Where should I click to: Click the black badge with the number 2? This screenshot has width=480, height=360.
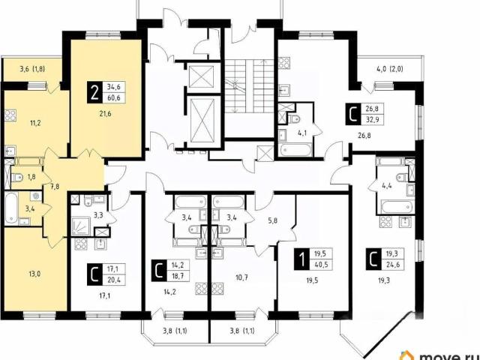95,92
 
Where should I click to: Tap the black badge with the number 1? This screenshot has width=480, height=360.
301,259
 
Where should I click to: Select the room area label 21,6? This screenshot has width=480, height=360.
105,114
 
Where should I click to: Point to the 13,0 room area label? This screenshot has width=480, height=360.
34,273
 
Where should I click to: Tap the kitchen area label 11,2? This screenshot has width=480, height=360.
35,123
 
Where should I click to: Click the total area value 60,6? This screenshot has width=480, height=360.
113,98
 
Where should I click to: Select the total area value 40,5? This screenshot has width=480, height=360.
321,265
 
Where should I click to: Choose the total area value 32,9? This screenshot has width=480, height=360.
372,119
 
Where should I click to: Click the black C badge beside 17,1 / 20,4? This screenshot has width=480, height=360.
94,275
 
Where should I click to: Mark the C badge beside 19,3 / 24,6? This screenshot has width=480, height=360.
373,259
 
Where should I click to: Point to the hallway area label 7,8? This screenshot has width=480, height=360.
55,186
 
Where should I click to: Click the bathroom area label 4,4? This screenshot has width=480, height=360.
387,185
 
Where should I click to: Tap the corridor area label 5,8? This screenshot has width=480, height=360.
272,220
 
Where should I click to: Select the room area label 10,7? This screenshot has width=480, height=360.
241,278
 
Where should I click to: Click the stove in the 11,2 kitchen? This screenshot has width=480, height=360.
10,115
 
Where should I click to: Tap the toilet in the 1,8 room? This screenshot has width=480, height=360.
17,177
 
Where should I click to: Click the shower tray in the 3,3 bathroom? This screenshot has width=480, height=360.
81,226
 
